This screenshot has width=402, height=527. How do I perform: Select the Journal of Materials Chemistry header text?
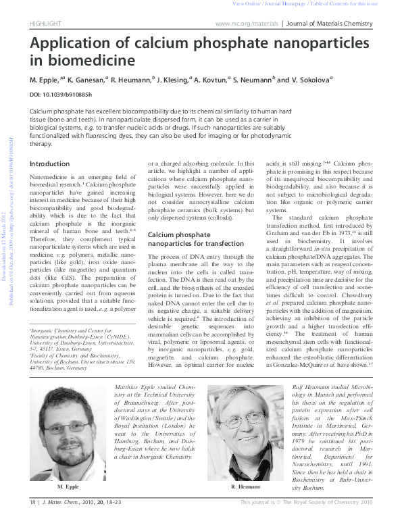pyautogui.click(x=330, y=24)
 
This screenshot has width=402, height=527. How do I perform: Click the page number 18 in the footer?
pyautogui.click(x=32, y=521)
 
